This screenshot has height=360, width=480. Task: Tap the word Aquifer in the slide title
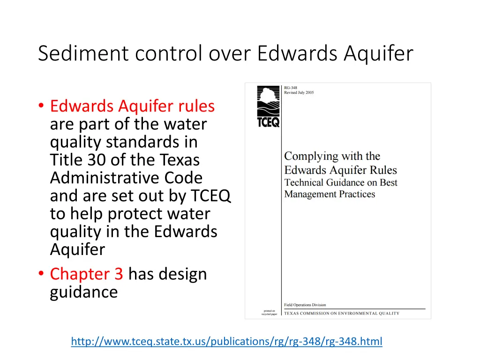click(378, 53)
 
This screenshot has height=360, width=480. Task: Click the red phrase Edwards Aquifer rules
click(132, 106)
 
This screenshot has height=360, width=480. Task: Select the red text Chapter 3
click(86, 274)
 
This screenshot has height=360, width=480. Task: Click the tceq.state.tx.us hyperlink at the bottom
click(226, 341)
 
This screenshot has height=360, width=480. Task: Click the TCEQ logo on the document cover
click(268, 107)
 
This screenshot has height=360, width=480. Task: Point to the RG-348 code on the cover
click(291, 87)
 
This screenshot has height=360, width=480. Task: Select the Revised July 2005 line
click(299, 92)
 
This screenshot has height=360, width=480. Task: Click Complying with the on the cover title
click(332, 156)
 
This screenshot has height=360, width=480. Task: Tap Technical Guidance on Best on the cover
click(341, 182)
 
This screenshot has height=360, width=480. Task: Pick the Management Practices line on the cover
click(330, 194)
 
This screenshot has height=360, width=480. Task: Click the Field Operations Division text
click(305, 305)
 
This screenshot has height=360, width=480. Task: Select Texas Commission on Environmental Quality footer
click(342, 313)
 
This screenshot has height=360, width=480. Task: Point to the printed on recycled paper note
click(270, 312)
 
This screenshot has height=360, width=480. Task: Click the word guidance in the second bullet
click(84, 292)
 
